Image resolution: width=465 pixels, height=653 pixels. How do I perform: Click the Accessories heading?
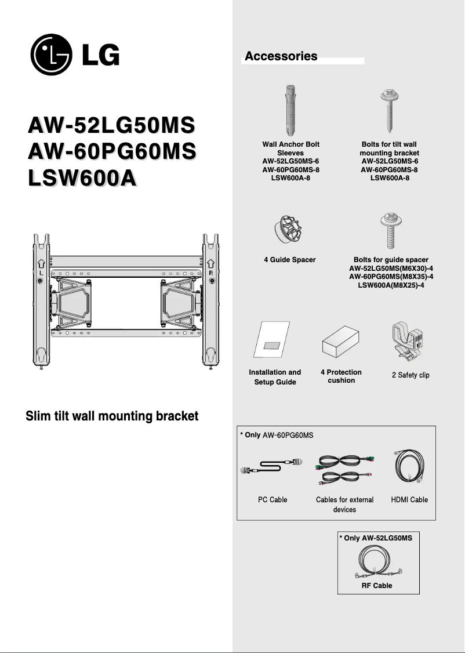tap(281, 56)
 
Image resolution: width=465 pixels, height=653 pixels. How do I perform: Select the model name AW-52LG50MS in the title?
tap(111, 126)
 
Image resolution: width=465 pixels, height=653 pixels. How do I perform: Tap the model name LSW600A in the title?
tap(82, 178)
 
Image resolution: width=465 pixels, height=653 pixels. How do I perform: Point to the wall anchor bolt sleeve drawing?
tap(291, 110)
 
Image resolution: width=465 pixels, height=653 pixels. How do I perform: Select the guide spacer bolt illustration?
tap(388, 230)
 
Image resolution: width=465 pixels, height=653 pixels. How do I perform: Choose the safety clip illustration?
tap(408, 344)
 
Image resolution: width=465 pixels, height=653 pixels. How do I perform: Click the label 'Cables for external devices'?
tap(344, 504)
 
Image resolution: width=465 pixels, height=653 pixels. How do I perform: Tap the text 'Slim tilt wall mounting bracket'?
tap(112, 416)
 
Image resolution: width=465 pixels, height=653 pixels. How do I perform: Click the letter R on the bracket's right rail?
tap(211, 272)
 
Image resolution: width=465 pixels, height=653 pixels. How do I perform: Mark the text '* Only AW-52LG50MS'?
tap(376, 538)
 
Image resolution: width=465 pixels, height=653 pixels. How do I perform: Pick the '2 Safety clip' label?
tap(410, 375)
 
